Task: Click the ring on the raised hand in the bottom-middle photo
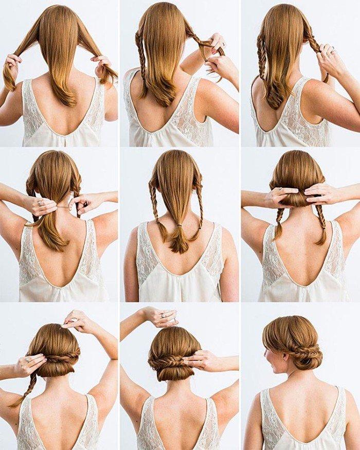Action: [x=163, y=315]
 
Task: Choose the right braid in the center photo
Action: [x=199, y=211]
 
